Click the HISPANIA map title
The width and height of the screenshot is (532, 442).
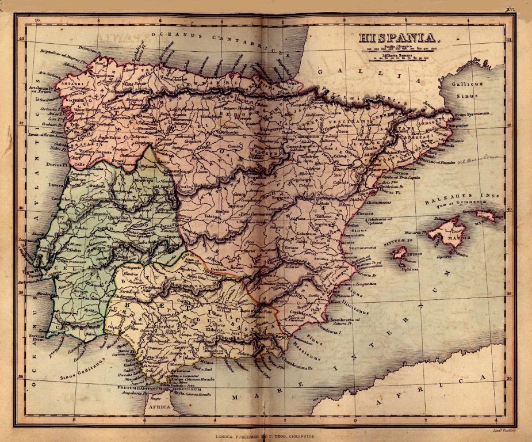[399, 39]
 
